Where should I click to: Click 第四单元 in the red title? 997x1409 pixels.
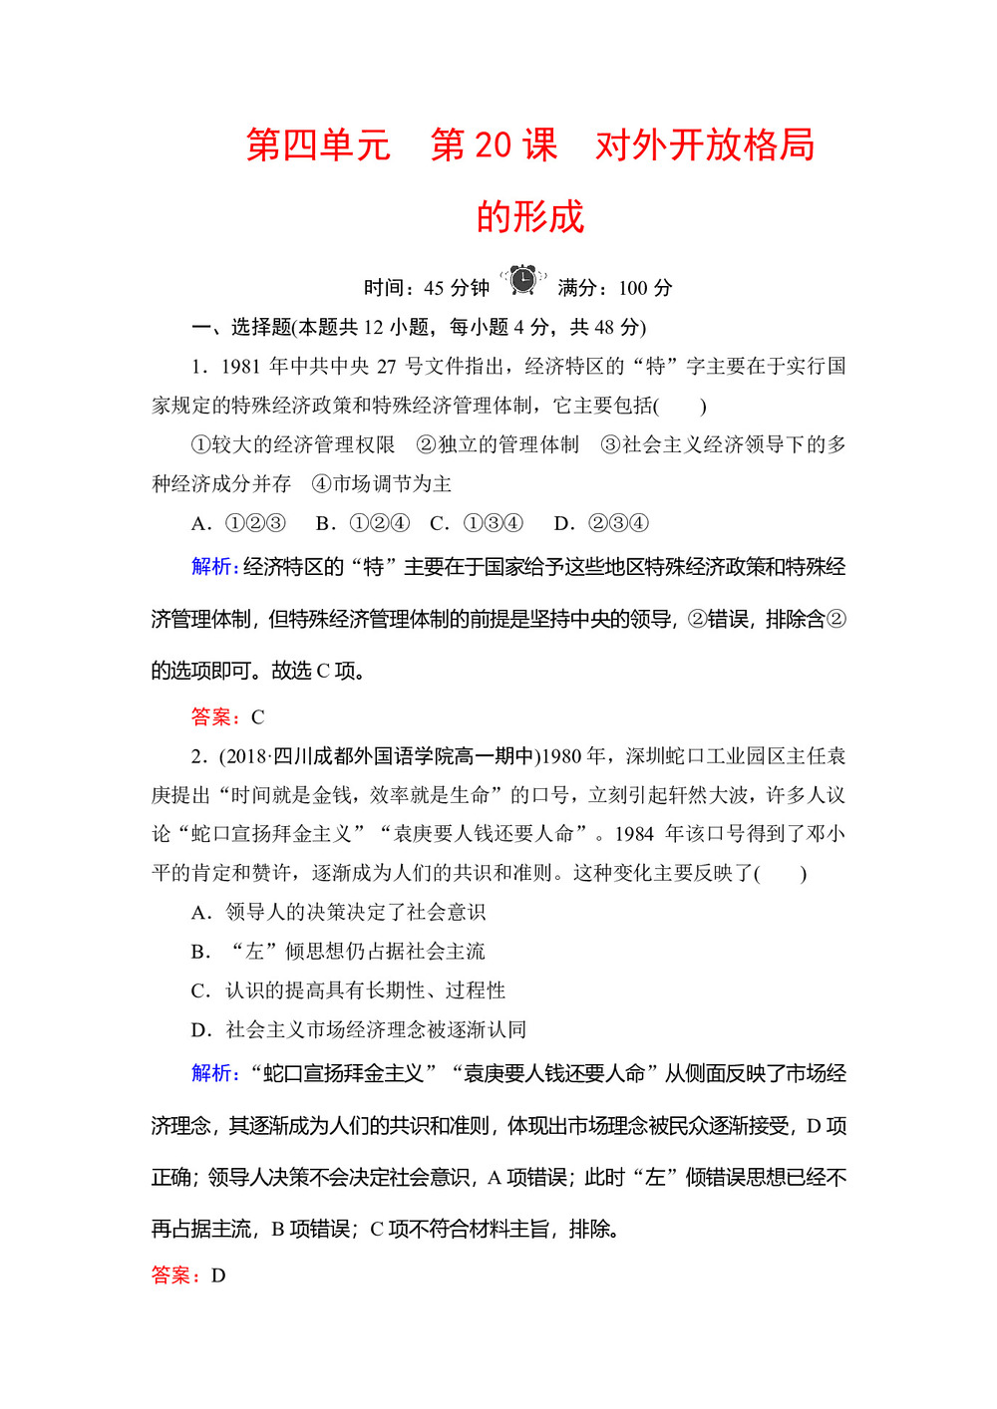click(317, 145)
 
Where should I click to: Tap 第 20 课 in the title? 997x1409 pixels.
click(494, 145)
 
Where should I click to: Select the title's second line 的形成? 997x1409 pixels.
click(529, 217)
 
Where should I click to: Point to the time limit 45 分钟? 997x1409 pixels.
click(457, 288)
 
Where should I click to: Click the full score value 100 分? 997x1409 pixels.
click(645, 288)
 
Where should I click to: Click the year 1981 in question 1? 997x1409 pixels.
click(240, 367)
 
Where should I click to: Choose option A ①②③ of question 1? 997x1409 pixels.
click(239, 523)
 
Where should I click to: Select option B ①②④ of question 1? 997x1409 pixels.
click(363, 523)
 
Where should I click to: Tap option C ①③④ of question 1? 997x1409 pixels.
click(477, 523)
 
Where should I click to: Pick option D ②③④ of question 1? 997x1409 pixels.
click(601, 523)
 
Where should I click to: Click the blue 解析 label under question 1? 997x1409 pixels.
click(214, 567)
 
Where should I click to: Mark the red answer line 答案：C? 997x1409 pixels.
click(227, 716)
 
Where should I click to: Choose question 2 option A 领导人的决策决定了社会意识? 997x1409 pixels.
click(339, 912)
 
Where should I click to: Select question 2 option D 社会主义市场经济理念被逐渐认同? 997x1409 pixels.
click(359, 1029)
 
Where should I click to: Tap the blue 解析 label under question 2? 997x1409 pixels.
click(214, 1073)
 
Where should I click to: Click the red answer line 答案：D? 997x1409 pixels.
click(188, 1275)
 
